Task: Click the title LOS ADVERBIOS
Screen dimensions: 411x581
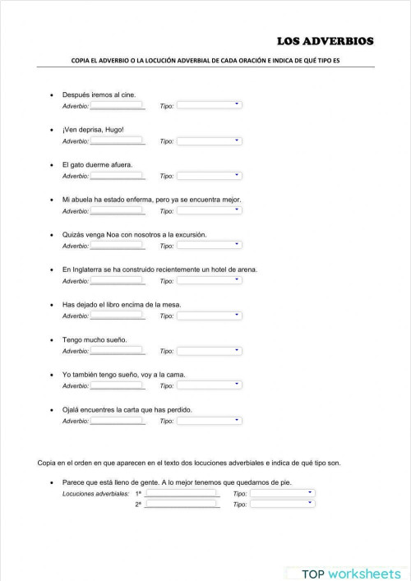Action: (x=326, y=40)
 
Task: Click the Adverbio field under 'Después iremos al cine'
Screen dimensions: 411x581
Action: (x=117, y=106)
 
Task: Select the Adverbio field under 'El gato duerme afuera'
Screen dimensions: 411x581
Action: (x=117, y=176)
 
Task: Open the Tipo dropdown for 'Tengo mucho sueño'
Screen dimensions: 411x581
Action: (x=210, y=351)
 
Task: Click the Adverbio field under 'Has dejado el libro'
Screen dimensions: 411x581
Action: (x=117, y=316)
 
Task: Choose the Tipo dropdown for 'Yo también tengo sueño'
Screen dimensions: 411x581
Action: (x=210, y=385)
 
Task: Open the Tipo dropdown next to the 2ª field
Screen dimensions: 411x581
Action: (x=282, y=505)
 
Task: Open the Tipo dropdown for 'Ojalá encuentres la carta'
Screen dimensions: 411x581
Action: (x=210, y=421)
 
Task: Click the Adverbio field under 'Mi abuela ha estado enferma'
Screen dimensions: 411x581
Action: (x=117, y=211)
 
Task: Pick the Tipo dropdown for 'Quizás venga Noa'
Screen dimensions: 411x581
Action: (x=210, y=246)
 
